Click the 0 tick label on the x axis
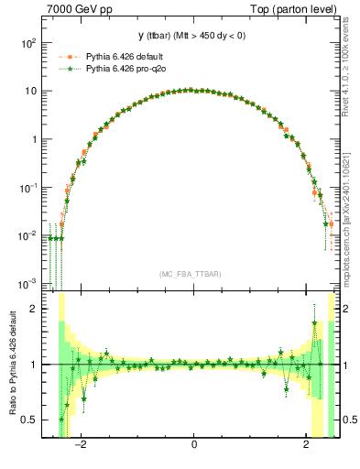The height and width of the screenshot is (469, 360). pyautogui.click(x=193, y=446)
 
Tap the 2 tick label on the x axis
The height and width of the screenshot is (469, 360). pyautogui.click(x=306, y=446)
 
